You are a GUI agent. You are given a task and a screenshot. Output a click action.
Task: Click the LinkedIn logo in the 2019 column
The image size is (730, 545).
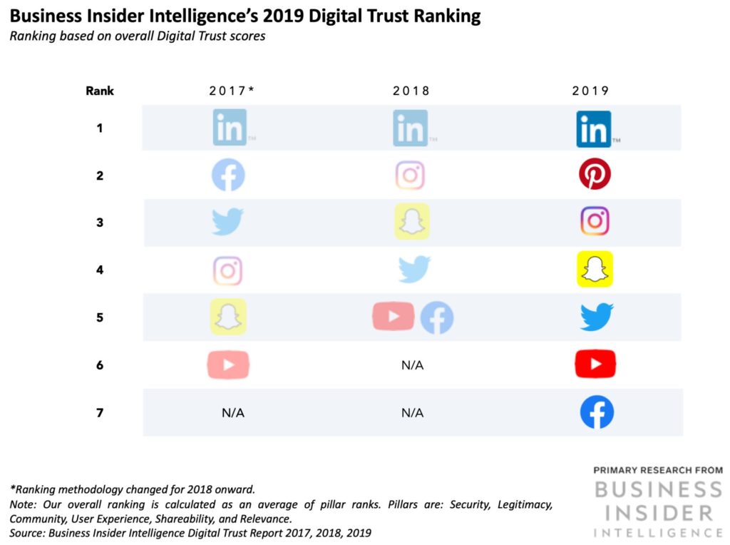point(594,129)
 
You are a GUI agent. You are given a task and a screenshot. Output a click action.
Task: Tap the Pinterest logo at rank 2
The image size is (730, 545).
point(595,175)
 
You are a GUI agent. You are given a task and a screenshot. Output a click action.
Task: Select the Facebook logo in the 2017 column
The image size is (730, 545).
point(228,175)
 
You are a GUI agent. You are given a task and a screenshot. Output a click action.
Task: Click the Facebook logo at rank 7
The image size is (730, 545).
point(597,412)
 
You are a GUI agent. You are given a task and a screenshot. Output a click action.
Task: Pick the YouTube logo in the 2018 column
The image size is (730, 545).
point(394,317)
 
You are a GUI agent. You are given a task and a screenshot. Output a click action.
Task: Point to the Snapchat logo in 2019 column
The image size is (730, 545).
point(595,269)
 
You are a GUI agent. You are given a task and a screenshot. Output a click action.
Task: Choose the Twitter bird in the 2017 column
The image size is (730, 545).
point(228,222)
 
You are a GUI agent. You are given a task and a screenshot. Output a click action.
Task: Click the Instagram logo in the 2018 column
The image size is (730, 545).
point(410,175)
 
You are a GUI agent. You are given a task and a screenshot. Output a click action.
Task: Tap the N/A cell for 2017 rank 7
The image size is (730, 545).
point(232,412)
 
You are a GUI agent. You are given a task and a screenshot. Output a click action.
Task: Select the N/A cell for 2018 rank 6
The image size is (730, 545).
point(412,365)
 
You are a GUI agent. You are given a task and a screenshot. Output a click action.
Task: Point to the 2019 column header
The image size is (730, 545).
point(590,91)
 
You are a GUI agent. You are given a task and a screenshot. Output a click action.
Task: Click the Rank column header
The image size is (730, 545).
point(100,91)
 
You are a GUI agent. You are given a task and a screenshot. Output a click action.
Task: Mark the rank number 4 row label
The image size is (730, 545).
point(100,270)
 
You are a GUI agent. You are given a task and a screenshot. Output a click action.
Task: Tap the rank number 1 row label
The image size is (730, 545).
point(100,128)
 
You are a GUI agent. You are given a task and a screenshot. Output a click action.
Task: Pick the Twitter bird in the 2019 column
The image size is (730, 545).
point(596,317)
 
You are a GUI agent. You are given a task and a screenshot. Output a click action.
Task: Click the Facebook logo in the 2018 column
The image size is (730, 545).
point(436,317)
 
